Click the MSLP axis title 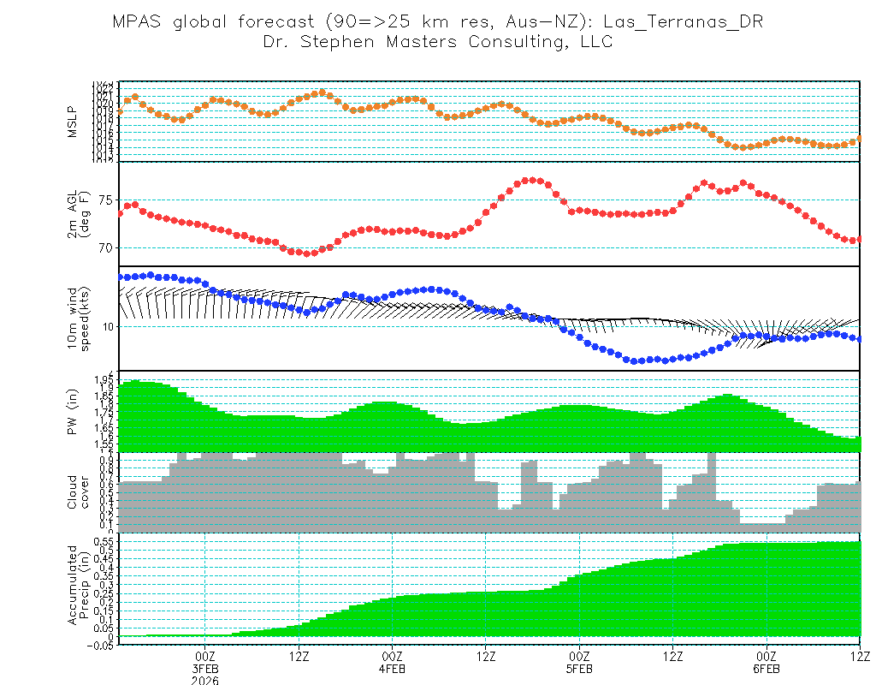click(x=73, y=122)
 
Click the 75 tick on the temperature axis click(x=105, y=200)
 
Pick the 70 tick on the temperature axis click(x=105, y=248)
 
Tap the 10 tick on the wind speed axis click(x=105, y=327)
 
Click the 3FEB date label click(x=205, y=668)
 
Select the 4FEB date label click(x=392, y=668)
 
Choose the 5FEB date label click(x=579, y=668)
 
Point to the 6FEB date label click(x=766, y=668)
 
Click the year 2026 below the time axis click(x=205, y=680)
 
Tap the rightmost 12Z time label click(x=859, y=656)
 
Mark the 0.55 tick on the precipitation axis click(x=104, y=542)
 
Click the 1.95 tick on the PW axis click(x=104, y=378)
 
